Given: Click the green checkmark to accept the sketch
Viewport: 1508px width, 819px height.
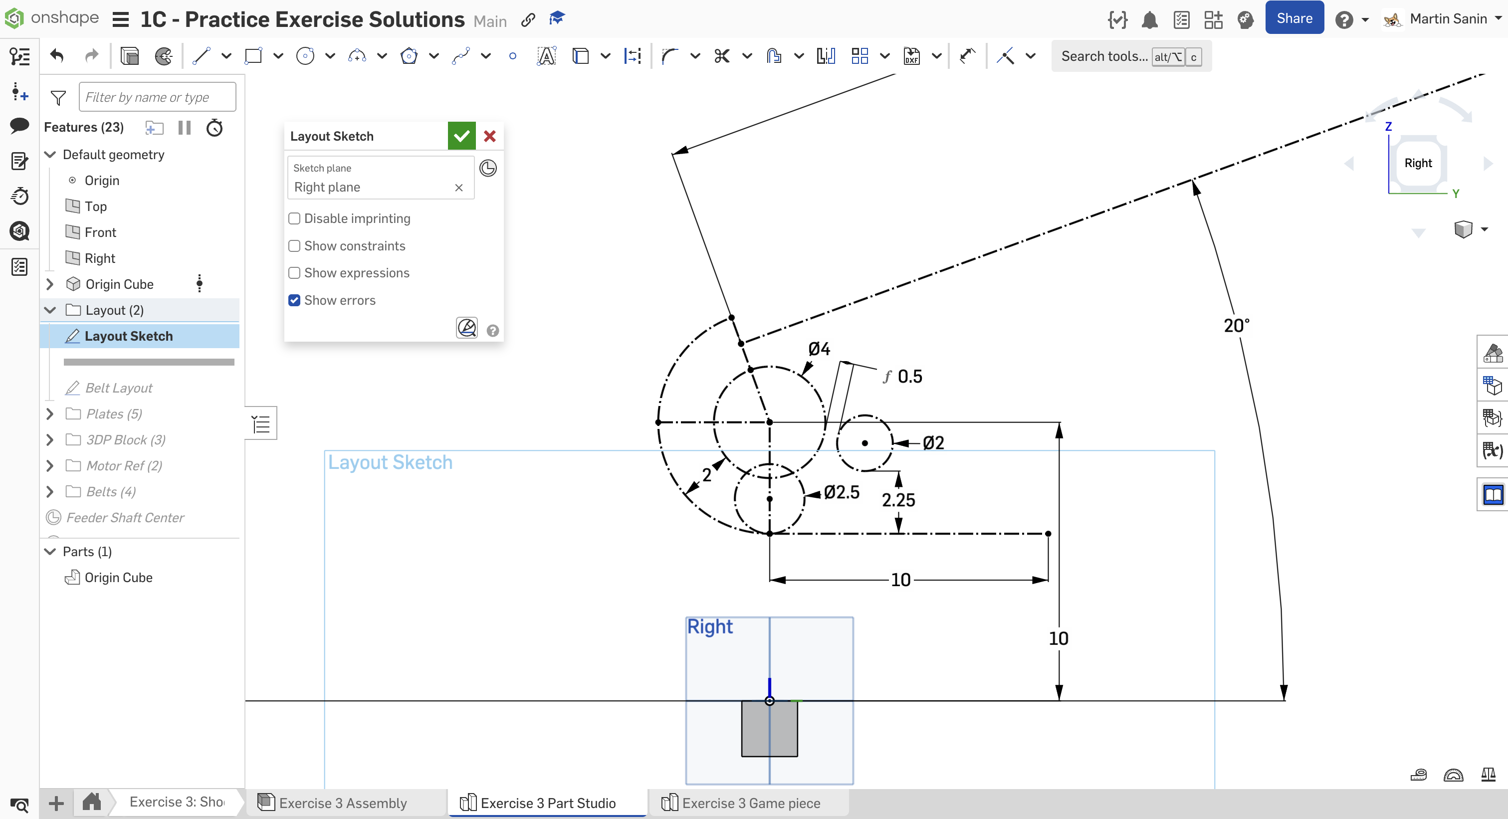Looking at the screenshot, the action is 461,136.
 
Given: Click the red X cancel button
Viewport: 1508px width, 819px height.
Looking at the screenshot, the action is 490,136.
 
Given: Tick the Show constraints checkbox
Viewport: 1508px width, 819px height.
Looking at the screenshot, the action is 294,246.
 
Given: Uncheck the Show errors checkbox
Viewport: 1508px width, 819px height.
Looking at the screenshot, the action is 294,300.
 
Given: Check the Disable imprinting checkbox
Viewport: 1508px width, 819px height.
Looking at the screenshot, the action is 294,218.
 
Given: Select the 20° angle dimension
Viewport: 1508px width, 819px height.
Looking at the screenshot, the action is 1236,326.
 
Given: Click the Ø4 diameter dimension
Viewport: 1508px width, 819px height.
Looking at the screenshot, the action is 819,349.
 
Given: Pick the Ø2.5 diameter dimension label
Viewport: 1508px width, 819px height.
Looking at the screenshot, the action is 841,492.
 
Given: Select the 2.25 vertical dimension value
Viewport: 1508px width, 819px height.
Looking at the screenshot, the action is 898,500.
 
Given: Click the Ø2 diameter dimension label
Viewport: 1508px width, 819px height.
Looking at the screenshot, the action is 933,442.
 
